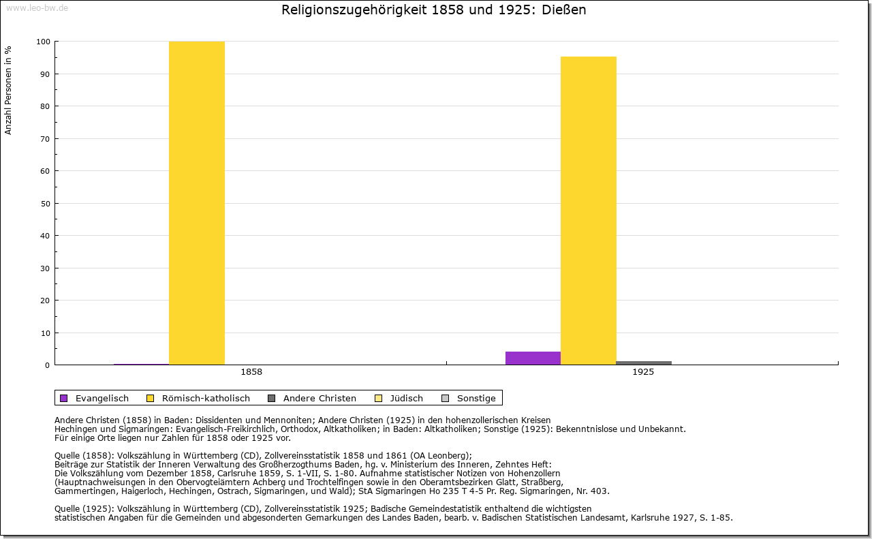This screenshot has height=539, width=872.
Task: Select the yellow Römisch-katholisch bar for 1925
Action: click(589, 211)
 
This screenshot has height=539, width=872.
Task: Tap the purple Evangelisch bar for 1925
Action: click(533, 358)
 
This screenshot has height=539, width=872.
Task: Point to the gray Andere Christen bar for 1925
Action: click(644, 363)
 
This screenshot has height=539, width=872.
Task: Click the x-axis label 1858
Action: click(251, 372)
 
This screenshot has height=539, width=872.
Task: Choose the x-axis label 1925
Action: click(643, 372)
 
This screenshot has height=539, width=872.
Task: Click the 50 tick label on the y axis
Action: click(45, 204)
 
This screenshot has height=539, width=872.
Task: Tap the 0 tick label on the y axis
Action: click(47, 365)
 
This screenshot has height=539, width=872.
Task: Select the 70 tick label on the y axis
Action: click(45, 139)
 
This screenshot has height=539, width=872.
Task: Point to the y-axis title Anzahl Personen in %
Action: click(9, 90)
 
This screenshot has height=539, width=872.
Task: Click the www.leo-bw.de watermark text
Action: click(36, 7)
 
